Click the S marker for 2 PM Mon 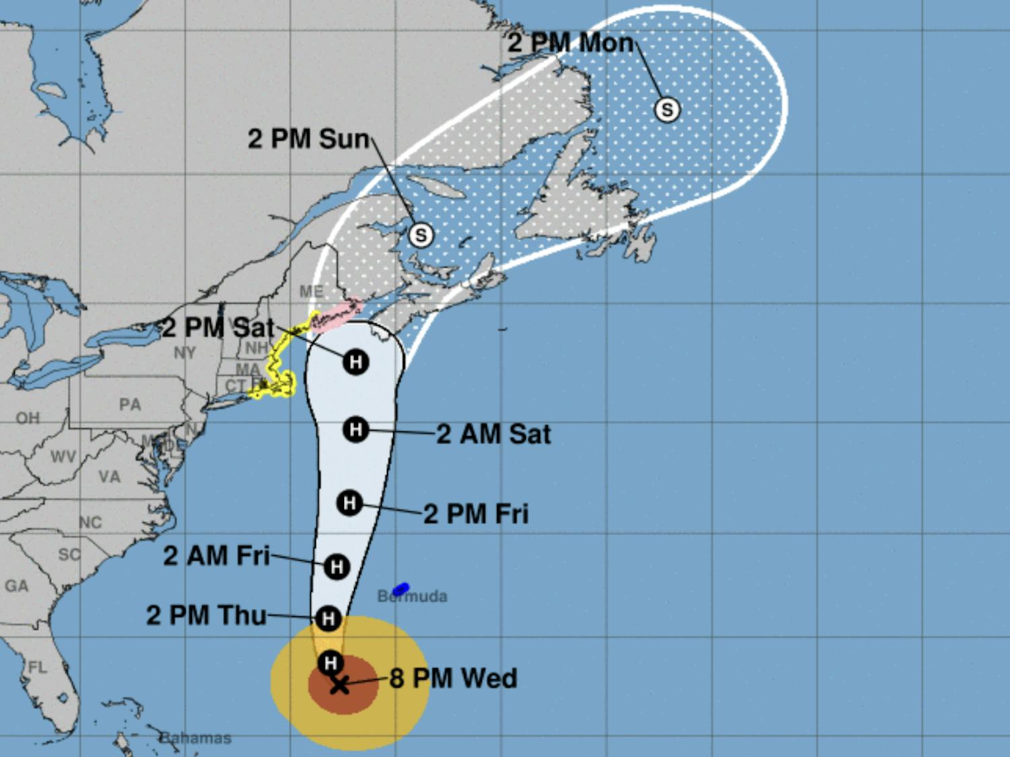[667, 109]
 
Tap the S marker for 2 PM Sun [421, 235]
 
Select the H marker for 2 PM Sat [356, 362]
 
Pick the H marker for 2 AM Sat [356, 429]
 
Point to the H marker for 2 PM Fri [349, 503]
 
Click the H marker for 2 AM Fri [337, 567]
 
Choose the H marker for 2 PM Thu [328, 618]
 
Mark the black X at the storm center [340, 685]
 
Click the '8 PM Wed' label [453, 678]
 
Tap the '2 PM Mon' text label [570, 43]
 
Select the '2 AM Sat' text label [494, 434]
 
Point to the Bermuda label [412, 597]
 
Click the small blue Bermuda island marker [401, 589]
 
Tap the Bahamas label [196, 738]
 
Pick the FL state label [37, 668]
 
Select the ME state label [311, 291]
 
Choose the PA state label [130, 404]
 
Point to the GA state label [17, 586]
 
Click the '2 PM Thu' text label [206, 616]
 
